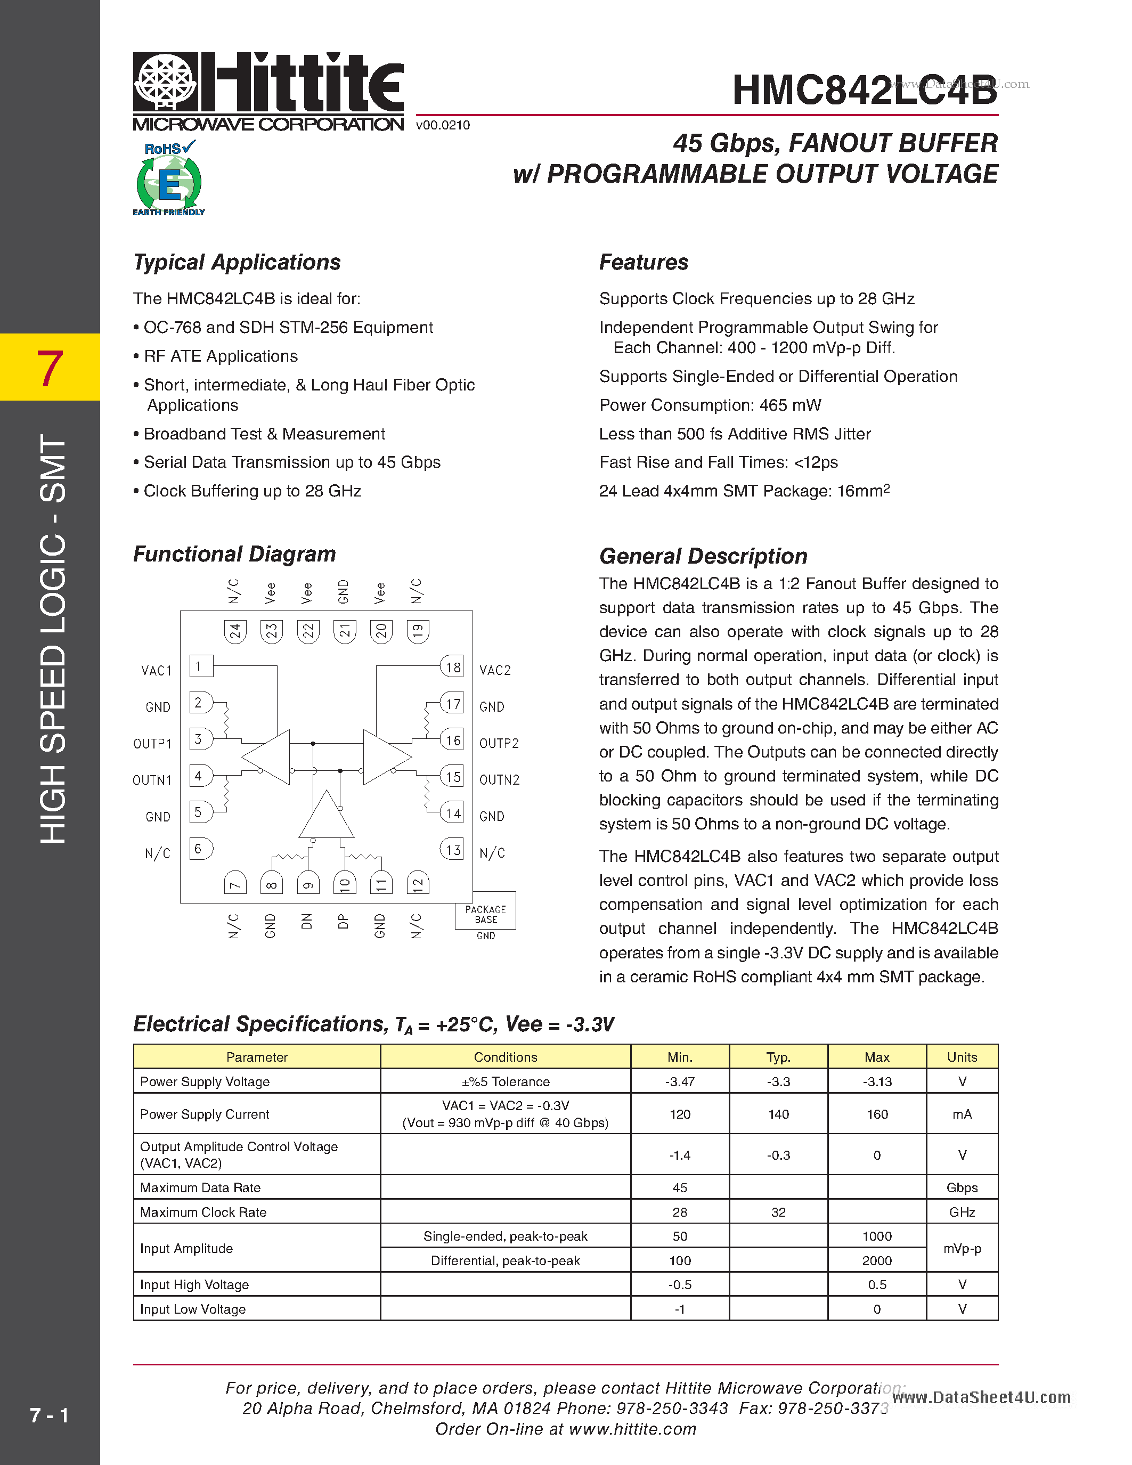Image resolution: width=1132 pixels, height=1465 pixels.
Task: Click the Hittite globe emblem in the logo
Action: point(166,82)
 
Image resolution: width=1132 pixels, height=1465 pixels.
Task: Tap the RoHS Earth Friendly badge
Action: point(169,178)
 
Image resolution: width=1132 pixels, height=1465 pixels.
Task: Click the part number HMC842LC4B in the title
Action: point(864,90)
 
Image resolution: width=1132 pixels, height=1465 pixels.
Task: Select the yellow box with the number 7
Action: point(50,368)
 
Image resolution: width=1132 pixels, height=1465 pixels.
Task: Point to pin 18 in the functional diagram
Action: point(453,667)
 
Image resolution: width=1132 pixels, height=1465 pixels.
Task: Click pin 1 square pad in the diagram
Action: point(200,666)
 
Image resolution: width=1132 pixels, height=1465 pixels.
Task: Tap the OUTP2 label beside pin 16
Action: point(499,743)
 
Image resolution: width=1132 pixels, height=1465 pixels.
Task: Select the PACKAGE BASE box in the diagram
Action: point(485,914)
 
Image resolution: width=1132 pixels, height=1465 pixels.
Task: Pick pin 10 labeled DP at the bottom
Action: point(344,884)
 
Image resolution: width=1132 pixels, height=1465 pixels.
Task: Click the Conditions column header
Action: point(505,1057)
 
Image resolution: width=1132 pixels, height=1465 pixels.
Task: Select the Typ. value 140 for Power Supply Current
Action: point(778,1114)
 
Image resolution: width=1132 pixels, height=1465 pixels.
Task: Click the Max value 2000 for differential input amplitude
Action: point(876,1260)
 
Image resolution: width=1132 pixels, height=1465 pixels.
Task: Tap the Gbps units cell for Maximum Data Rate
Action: point(962,1187)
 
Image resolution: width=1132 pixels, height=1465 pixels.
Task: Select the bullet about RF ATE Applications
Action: point(221,356)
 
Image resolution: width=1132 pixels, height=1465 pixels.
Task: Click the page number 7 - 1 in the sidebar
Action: point(49,1415)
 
